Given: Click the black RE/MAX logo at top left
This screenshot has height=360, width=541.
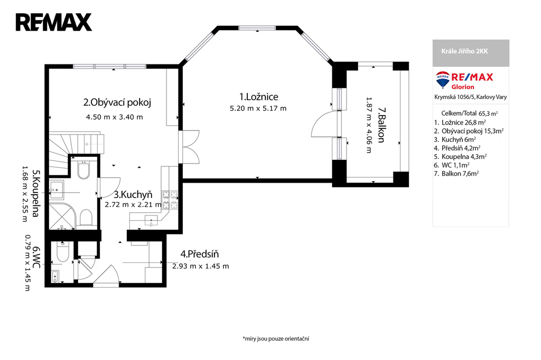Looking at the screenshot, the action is click(54, 22).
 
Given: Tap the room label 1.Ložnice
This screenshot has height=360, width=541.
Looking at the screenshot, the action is click(259, 97).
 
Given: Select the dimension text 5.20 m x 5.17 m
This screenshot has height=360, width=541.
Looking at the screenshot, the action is click(258, 108).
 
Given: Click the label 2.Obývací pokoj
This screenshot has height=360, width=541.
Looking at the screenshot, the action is click(117, 102).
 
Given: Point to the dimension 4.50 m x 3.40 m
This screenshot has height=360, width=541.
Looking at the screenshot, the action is click(115, 117).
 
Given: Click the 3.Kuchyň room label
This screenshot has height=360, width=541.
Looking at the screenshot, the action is click(133, 195).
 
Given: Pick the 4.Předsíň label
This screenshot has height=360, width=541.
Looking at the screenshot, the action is click(199, 254).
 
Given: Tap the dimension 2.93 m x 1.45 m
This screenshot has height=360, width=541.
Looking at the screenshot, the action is click(200, 266).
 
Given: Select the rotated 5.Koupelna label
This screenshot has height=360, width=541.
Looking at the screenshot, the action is click(35, 193).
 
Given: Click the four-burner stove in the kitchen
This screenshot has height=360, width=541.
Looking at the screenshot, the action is click(170, 201).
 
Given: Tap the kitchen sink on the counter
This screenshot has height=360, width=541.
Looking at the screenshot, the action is click(151, 220).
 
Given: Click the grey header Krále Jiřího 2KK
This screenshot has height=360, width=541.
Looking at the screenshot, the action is click(465, 51).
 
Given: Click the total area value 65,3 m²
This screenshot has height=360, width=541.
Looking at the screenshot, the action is click(488, 113).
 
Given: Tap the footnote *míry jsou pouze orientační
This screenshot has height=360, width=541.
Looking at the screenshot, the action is click(276, 338).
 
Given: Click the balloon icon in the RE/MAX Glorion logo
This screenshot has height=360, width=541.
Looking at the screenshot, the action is click(443, 80).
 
